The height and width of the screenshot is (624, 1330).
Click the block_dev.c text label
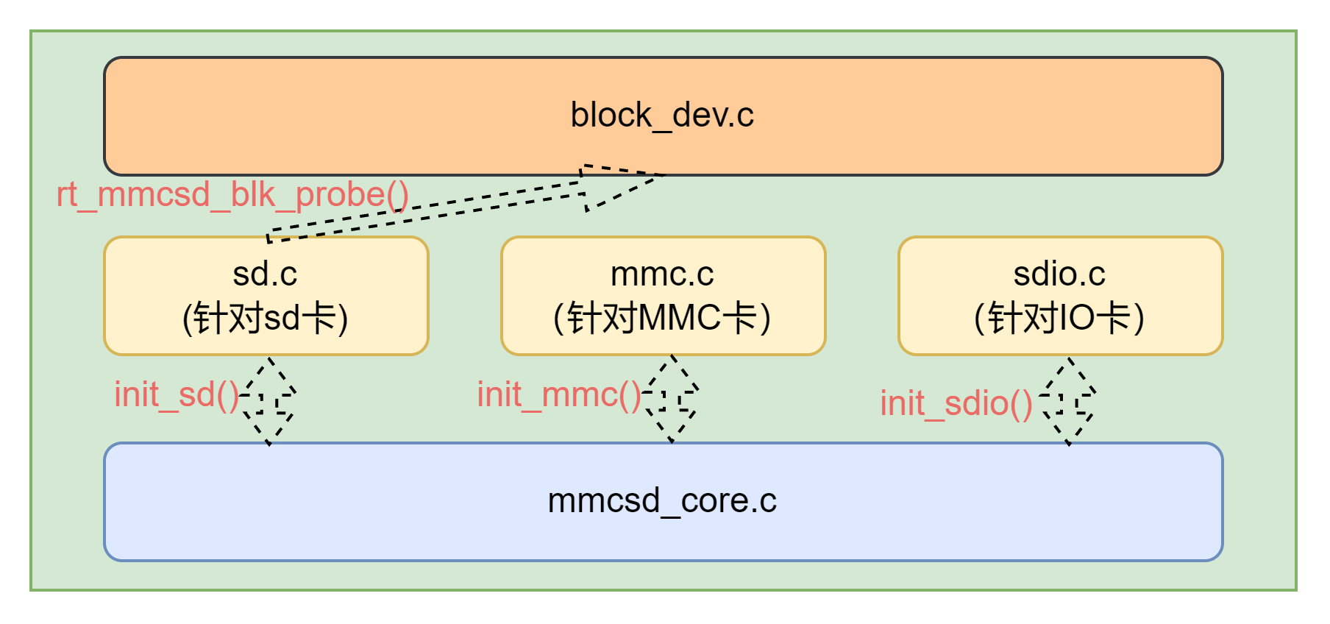(662, 116)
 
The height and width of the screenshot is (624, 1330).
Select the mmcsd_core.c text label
(662, 501)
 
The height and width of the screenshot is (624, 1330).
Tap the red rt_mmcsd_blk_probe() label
(232, 195)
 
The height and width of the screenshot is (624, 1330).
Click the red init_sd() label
(177, 395)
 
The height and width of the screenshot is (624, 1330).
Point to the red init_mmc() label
(559, 395)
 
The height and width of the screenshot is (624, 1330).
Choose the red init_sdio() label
(956, 404)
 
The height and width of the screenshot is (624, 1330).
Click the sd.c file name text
(265, 274)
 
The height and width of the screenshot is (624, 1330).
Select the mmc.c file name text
(662, 274)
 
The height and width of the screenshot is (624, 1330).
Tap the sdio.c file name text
(1059, 274)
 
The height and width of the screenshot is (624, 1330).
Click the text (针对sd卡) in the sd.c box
(265, 319)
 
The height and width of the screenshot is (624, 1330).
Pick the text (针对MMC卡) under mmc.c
(662, 319)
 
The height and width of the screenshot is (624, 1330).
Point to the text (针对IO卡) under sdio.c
(1059, 319)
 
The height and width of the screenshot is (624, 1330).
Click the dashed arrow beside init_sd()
(269, 401)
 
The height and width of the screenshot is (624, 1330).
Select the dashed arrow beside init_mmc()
(672, 399)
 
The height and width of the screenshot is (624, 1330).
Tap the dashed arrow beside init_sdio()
(1069, 402)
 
